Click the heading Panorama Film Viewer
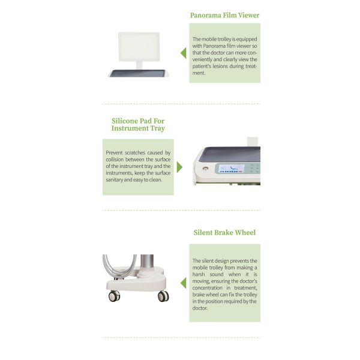pyautogui.click(x=224, y=15)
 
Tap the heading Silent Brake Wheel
pyautogui.click(x=224, y=233)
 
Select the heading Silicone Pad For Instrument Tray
pyautogui.click(x=138, y=124)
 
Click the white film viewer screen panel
pyautogui.click(x=139, y=47)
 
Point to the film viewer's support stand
pyautogui.click(x=139, y=65)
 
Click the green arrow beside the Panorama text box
pyautogui.click(x=184, y=53)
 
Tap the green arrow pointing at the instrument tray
pyautogui.click(x=179, y=167)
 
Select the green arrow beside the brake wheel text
pyautogui.click(x=184, y=283)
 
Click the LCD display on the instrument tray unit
pyautogui.click(x=232, y=168)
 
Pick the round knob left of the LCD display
pyautogui.click(x=205, y=168)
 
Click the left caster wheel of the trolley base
pyautogui.click(x=114, y=296)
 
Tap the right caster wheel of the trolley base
pyautogui.click(x=163, y=296)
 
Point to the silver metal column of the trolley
pyautogui.click(x=147, y=262)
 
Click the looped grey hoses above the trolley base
pyautogui.click(x=119, y=266)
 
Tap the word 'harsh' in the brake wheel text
pyautogui.click(x=199, y=274)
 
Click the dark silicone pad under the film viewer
pyautogui.click(x=137, y=73)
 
